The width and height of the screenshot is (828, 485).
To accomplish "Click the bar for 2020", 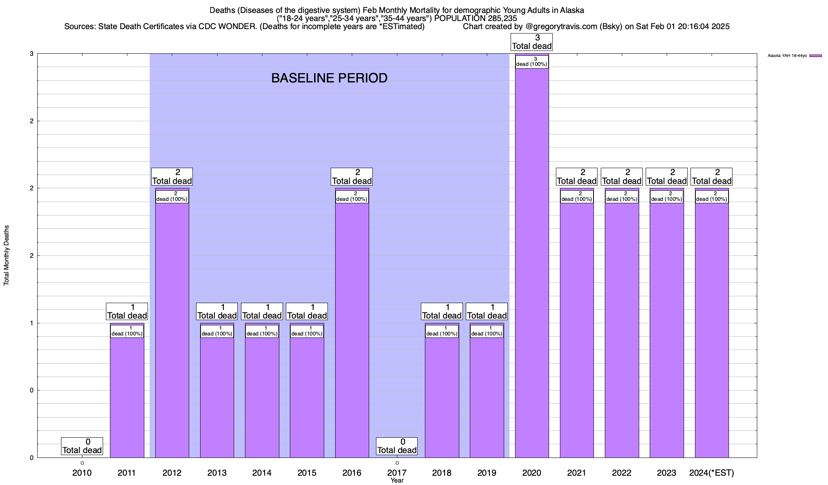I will (532, 263).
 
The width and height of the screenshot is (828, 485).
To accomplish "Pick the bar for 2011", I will (127, 396).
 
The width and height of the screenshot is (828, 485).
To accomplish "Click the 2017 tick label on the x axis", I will (397, 472).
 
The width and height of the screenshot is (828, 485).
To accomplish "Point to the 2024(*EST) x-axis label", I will (712, 472).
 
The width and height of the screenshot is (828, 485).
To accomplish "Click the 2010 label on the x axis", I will (82, 472).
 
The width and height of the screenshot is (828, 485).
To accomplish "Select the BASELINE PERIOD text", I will (329, 78).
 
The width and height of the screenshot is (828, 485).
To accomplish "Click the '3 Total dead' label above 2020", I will (532, 42).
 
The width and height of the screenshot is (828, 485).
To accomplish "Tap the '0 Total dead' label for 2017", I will (397, 446).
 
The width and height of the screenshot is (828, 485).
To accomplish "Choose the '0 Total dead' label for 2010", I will (82, 446).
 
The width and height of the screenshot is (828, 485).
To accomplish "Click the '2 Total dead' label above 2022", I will (622, 177).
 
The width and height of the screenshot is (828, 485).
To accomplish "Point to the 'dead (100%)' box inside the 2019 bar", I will (487, 331).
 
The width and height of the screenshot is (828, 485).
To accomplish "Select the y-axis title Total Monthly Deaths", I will (6, 255).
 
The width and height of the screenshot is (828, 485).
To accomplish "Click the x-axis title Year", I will (397, 481).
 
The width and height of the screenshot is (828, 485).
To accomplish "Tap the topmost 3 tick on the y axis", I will (32, 54).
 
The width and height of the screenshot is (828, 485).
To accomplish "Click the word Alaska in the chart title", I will (572, 10).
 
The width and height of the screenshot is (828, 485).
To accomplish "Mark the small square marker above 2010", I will (82, 463).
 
